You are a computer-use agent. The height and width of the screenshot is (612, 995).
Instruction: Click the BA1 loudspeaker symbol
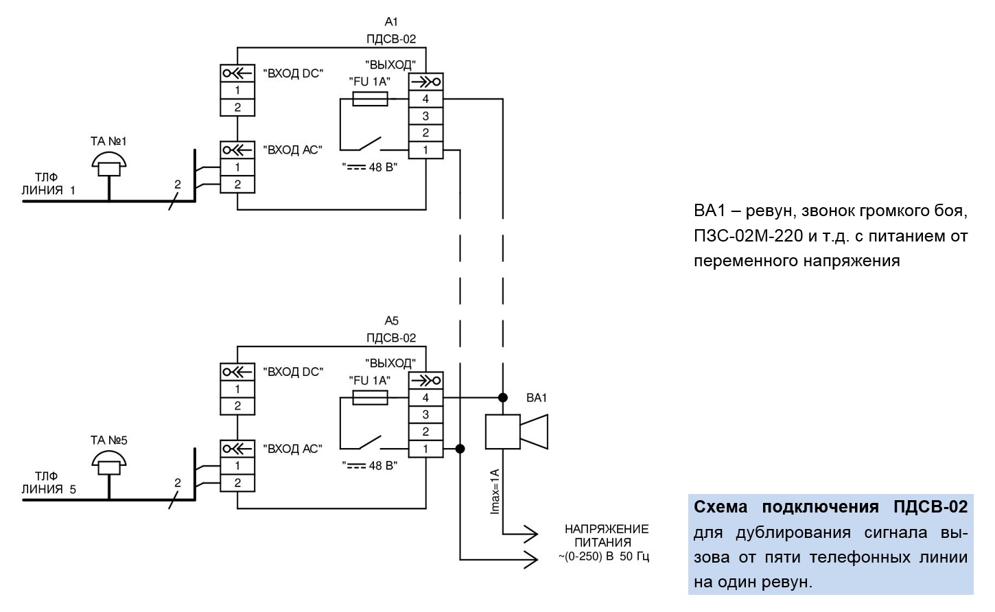(x=516, y=432)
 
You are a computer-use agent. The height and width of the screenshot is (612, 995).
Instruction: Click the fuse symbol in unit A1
(x=370, y=99)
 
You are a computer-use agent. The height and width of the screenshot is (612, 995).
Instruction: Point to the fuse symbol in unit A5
(x=370, y=397)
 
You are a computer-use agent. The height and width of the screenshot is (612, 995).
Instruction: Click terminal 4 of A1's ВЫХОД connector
(x=425, y=99)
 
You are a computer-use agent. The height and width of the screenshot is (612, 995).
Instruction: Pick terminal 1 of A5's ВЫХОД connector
(x=425, y=449)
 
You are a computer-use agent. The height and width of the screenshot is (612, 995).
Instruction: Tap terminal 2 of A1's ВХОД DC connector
(x=237, y=108)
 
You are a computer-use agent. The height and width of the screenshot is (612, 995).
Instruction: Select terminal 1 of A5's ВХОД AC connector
(x=237, y=466)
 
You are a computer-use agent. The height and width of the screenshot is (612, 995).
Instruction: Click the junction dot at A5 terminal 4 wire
(x=503, y=397)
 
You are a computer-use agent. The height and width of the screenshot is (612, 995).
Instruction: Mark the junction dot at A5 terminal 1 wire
(x=460, y=449)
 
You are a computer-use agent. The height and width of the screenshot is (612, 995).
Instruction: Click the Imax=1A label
(x=495, y=491)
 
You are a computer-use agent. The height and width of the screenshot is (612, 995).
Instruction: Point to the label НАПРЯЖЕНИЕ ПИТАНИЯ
(x=606, y=536)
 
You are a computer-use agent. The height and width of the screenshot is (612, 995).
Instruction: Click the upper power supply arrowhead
(x=531, y=534)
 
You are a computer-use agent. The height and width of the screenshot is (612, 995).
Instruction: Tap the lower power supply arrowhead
(x=531, y=560)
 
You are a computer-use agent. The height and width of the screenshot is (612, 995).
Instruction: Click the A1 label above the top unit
(x=391, y=21)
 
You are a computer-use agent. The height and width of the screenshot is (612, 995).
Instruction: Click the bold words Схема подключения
(x=786, y=507)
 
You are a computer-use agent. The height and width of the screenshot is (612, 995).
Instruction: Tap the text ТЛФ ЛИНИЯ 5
(x=49, y=483)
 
